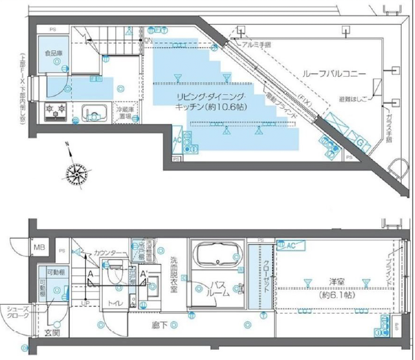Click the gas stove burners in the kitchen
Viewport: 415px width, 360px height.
55,112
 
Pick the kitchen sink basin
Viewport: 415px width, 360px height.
94,112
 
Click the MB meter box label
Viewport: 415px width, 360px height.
38,247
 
